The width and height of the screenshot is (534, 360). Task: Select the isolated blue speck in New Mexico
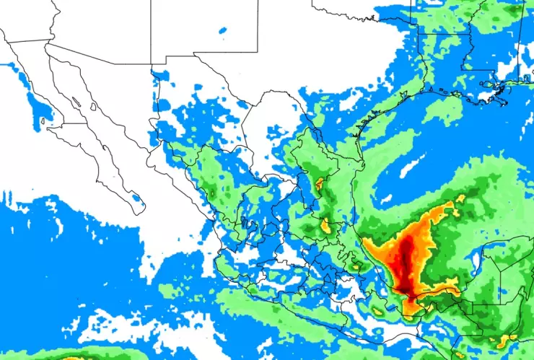point(222,30)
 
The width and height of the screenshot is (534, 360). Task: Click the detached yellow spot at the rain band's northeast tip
point(459,198)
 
